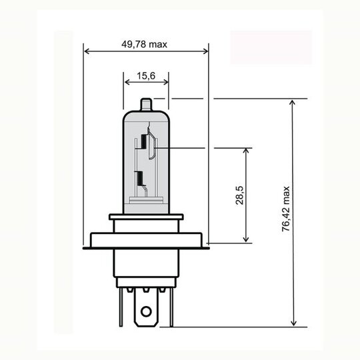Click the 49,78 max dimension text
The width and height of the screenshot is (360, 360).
144,44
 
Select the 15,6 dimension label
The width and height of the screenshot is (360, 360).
146,76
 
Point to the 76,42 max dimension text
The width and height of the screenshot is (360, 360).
286,209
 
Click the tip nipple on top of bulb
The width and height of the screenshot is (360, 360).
146,107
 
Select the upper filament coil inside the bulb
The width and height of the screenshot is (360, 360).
143,143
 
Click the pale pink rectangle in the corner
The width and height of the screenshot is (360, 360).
271,47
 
